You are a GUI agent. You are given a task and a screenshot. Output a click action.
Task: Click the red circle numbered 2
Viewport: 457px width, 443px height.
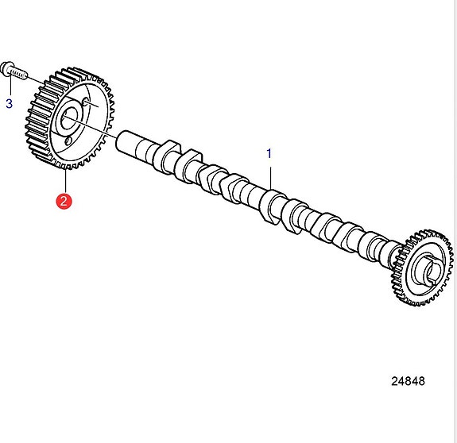click(64, 201)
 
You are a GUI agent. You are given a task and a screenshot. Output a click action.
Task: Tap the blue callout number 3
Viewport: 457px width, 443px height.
click(10, 104)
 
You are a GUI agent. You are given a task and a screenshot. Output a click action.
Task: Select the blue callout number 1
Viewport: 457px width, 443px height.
click(269, 154)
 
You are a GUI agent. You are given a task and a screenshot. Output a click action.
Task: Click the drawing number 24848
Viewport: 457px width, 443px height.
click(408, 381)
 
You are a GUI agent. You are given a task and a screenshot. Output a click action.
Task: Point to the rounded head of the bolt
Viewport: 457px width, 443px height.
click(6, 68)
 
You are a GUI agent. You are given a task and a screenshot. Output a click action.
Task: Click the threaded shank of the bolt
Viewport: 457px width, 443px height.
click(19, 73)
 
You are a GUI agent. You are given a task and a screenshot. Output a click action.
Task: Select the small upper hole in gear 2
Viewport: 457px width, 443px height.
click(85, 102)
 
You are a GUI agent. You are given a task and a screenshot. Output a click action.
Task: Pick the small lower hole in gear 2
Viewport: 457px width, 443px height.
click(68, 141)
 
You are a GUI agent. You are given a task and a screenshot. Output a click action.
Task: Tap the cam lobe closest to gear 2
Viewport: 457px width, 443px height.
click(166, 156)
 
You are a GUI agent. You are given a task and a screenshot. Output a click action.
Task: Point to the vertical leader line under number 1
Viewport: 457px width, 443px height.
click(271, 178)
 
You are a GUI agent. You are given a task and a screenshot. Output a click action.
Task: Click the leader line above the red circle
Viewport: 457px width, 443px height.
click(66, 180)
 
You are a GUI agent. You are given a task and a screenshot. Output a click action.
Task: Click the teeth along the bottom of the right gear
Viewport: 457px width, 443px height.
click(420, 301)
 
